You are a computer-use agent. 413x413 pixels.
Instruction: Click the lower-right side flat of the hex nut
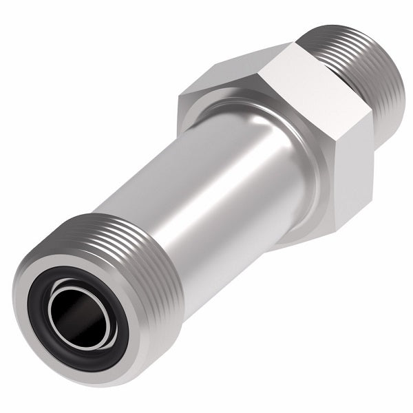point(344,186)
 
